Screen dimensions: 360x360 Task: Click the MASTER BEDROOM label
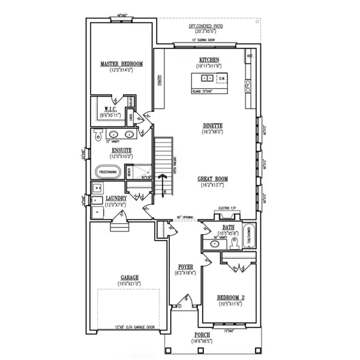click(121, 64)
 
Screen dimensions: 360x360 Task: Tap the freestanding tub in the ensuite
click(108, 171)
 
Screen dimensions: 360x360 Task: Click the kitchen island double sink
click(206, 78)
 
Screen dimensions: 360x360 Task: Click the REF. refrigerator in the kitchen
click(249, 56)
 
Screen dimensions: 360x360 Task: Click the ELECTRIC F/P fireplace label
click(229, 208)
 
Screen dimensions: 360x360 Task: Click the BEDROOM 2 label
click(230, 298)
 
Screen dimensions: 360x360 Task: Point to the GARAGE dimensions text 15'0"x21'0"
click(129, 284)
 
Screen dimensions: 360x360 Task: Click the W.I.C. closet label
click(108, 109)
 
